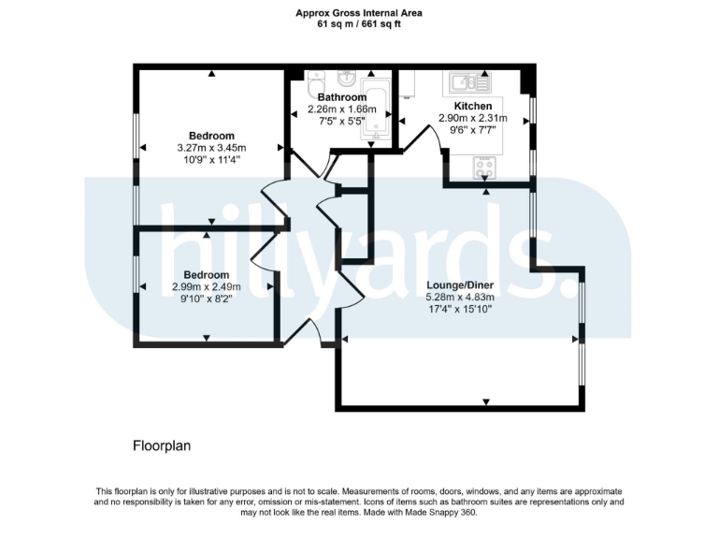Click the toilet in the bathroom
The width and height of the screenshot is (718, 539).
coord(315,79)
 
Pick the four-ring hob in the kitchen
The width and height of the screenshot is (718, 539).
coord(486,168)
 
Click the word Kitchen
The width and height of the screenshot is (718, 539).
coord(473,106)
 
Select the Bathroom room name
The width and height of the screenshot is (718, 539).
coord(341,97)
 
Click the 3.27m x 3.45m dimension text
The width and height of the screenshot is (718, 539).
coord(211,148)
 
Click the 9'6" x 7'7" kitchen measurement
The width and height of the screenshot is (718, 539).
coord(473,131)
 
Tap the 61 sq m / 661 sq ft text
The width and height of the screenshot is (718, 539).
coord(358,24)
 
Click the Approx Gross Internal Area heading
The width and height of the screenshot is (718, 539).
coord(358,13)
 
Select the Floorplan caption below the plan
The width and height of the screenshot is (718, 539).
coord(162,446)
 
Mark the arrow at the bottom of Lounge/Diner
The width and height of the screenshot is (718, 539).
coord(487,402)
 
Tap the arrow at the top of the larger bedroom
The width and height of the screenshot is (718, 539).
coord(211,73)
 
